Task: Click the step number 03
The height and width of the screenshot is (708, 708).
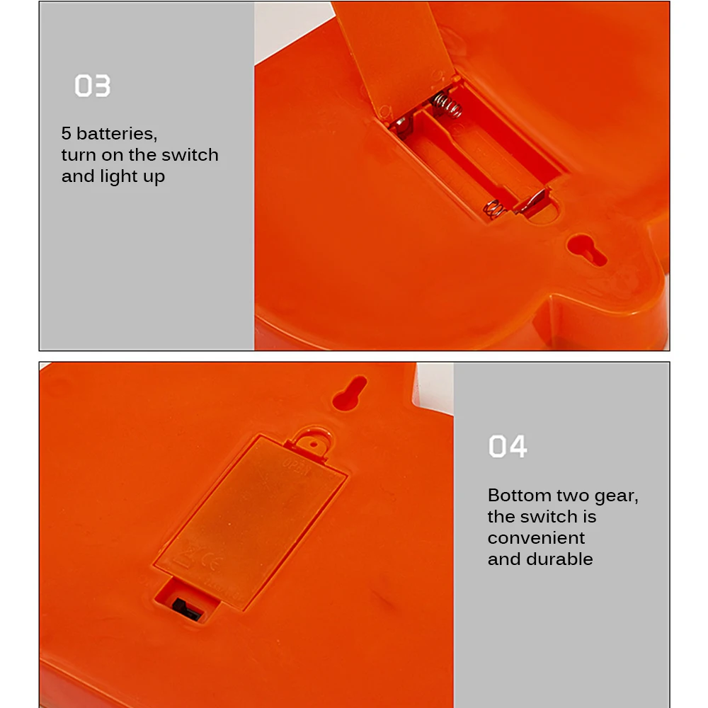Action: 92,86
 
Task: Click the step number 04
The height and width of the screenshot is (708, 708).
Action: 508,446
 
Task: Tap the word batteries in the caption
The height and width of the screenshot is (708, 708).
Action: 117,134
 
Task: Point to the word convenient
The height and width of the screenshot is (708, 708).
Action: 536,538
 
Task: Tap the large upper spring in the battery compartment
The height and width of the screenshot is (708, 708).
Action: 447,105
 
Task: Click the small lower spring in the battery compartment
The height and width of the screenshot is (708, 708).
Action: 493,209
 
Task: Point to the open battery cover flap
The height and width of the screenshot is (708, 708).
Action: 394,57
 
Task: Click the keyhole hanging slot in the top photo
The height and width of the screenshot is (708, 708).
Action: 586,249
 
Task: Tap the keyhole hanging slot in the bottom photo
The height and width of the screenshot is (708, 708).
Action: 350,393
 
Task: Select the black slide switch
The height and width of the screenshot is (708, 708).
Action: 186,609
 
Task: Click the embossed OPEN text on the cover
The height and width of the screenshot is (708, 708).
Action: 297,467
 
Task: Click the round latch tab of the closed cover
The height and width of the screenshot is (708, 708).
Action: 314,440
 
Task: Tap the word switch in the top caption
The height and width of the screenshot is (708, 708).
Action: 190,155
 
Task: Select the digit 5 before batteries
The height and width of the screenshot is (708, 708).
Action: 67,134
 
